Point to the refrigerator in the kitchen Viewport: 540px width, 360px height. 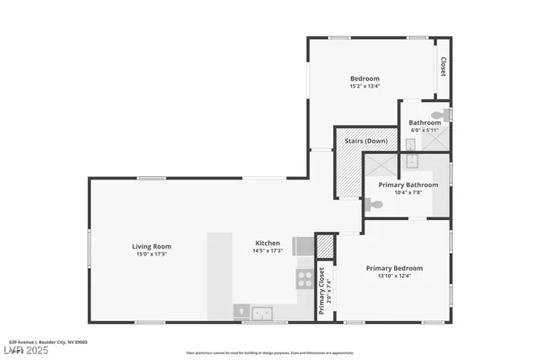(303, 245)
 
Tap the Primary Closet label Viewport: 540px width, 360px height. (322, 291)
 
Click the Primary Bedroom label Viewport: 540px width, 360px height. (394, 268)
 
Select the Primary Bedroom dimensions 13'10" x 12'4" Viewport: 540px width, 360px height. (394, 277)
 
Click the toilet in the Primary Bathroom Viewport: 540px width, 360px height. (375, 204)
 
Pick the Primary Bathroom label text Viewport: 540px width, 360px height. (408, 185)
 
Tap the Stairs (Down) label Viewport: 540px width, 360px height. (366, 141)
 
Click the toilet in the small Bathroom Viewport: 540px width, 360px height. (439, 116)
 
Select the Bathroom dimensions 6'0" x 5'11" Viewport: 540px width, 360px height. (424, 131)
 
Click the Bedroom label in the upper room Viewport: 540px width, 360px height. (364, 78)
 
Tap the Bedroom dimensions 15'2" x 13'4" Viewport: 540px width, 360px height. (364, 86)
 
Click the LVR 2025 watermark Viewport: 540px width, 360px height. (27, 349)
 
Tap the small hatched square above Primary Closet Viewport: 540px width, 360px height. (325, 246)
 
